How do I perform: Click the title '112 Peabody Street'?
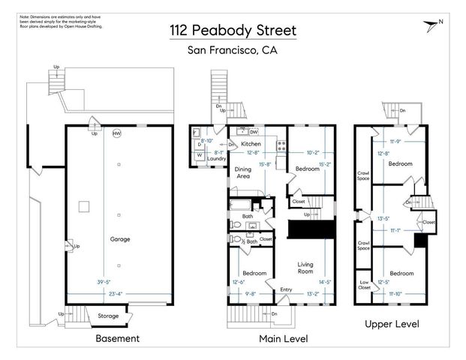[x=232, y=31]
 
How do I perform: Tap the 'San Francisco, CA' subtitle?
[x=232, y=51]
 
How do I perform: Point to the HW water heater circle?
[x=116, y=134]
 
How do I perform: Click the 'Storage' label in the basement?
[x=107, y=316]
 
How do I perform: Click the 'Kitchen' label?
[x=250, y=143]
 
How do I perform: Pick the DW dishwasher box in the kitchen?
[x=254, y=131]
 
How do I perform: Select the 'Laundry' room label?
[x=216, y=158]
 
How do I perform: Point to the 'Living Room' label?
[x=305, y=268]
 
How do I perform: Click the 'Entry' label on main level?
[x=287, y=289]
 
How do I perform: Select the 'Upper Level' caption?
[x=391, y=324]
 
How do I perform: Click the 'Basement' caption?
[x=117, y=338]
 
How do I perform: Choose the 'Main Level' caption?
[x=283, y=338]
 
